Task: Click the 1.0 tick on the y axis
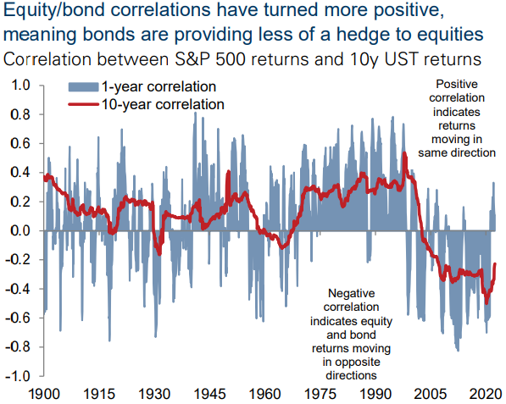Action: (x=20, y=86)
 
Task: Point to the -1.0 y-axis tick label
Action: (x=18, y=376)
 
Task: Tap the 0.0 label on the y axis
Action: (x=20, y=231)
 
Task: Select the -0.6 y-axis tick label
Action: (x=18, y=318)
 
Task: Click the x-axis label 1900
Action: (x=44, y=395)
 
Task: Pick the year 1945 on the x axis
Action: (x=209, y=395)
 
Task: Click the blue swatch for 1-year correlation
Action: (x=83, y=87)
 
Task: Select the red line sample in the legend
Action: (x=83, y=104)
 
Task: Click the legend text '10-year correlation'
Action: (x=163, y=104)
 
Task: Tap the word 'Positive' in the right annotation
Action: (x=457, y=84)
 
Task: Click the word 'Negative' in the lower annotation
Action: (x=352, y=293)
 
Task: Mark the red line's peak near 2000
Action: (x=404, y=152)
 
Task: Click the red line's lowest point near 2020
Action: (x=487, y=303)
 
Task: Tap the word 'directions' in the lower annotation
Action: (x=351, y=375)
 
